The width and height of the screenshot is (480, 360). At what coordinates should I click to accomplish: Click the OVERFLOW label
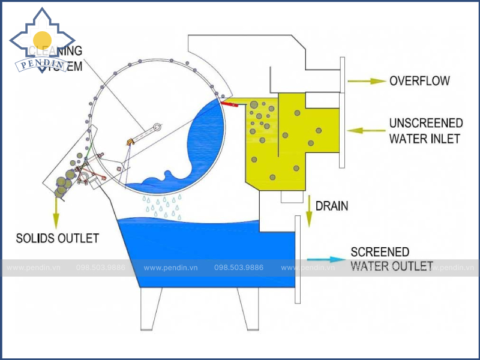point(419,80)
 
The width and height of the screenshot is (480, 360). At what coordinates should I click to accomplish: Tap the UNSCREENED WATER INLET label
point(426,131)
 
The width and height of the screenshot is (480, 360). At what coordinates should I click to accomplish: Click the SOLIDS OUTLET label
point(58,238)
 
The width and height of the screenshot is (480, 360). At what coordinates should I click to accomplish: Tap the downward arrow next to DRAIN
point(309,210)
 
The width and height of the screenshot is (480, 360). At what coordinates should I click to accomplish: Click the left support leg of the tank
point(150,308)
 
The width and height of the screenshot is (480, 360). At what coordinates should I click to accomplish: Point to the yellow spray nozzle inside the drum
point(130,142)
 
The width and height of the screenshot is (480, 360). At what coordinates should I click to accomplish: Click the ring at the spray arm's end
point(157,127)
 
